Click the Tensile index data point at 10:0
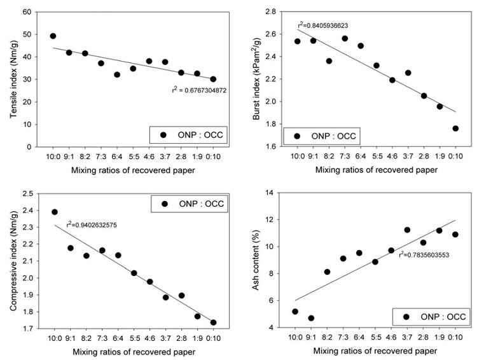tap(53, 36)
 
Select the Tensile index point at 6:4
tap(117, 74)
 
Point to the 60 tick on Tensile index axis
tap(27, 12)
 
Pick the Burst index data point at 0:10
tap(455, 128)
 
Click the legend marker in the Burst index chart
tap(297, 135)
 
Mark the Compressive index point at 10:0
tap(55, 212)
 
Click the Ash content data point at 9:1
tap(311, 318)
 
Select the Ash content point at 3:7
tap(407, 230)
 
